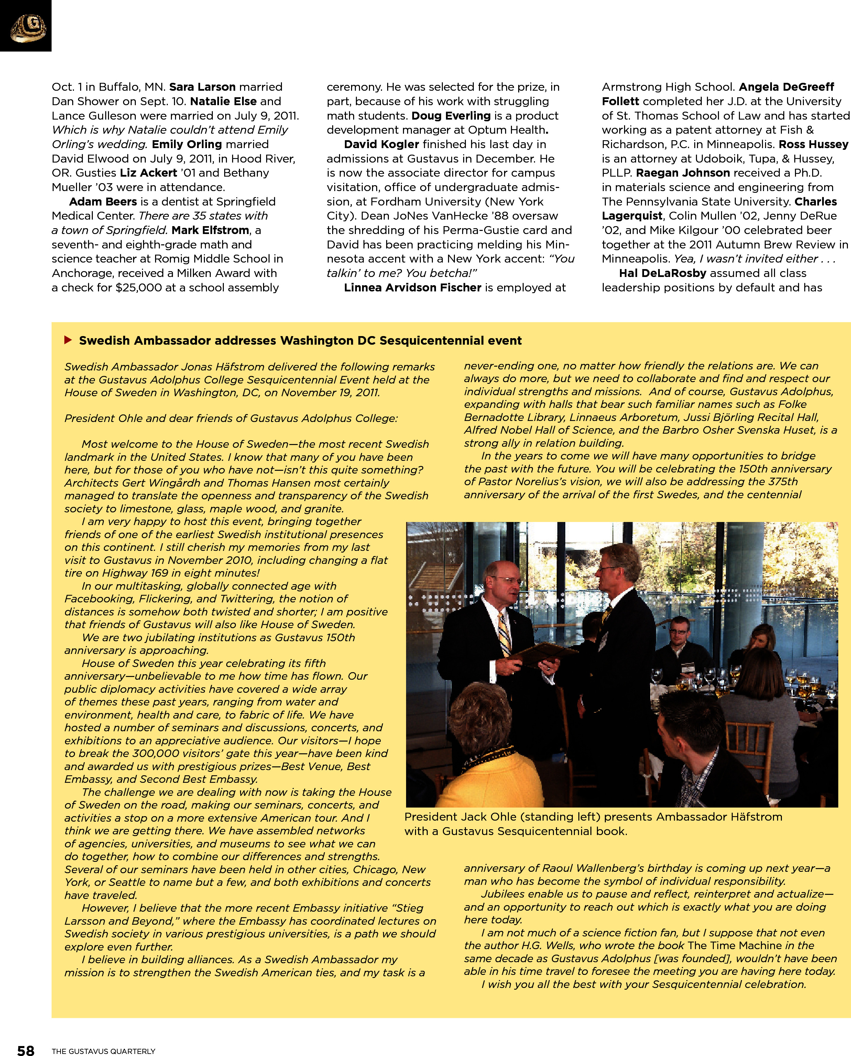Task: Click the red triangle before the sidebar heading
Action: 68,340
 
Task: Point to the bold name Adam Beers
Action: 103,202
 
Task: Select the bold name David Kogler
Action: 381,144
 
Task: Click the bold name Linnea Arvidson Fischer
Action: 412,288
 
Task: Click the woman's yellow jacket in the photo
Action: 495,779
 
